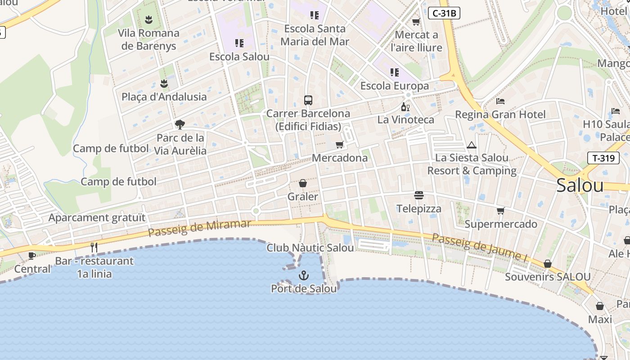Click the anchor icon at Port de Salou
(304, 275)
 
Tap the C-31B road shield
(444, 13)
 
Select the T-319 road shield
(603, 157)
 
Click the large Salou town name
(580, 185)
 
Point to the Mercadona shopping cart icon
(339, 144)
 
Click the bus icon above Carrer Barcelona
(308, 100)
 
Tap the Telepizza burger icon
(419, 195)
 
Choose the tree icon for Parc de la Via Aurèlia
(180, 124)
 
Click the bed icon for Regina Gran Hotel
(500, 101)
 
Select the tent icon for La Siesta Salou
(472, 145)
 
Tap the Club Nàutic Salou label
(310, 247)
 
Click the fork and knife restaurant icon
(94, 247)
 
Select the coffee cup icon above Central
(32, 256)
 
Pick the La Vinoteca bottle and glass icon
(405, 107)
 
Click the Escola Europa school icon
(394, 72)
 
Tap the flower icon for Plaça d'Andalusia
(164, 84)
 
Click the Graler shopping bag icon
(303, 183)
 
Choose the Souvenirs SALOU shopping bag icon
(548, 264)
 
